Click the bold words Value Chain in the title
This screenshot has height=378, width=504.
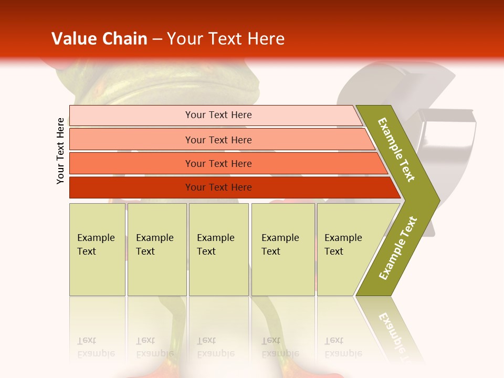(x=99, y=39)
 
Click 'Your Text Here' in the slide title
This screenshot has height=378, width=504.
(x=226, y=39)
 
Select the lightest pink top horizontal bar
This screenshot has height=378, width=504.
(x=131, y=115)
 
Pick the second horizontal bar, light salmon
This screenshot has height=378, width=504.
(x=131, y=140)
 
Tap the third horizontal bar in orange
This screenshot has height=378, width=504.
(x=131, y=163)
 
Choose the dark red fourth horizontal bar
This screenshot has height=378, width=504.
(x=131, y=187)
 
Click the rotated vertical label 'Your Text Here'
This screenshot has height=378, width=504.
(x=60, y=151)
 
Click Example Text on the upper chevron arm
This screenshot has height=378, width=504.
(x=396, y=150)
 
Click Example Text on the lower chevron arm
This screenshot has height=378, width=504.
(x=398, y=248)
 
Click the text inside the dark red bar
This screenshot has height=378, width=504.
(x=218, y=187)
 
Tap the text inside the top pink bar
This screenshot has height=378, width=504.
(x=218, y=115)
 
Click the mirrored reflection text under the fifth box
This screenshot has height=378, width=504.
(x=342, y=348)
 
